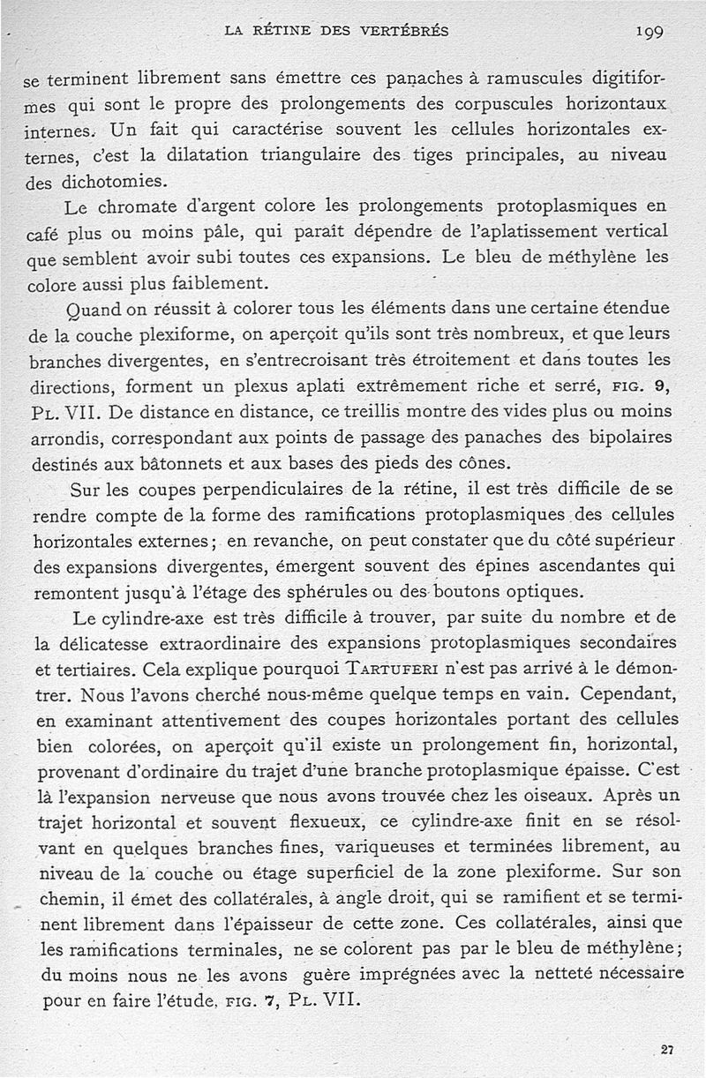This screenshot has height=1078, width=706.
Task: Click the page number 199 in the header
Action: (649, 32)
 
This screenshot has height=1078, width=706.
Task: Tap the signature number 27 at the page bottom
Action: (668, 1049)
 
